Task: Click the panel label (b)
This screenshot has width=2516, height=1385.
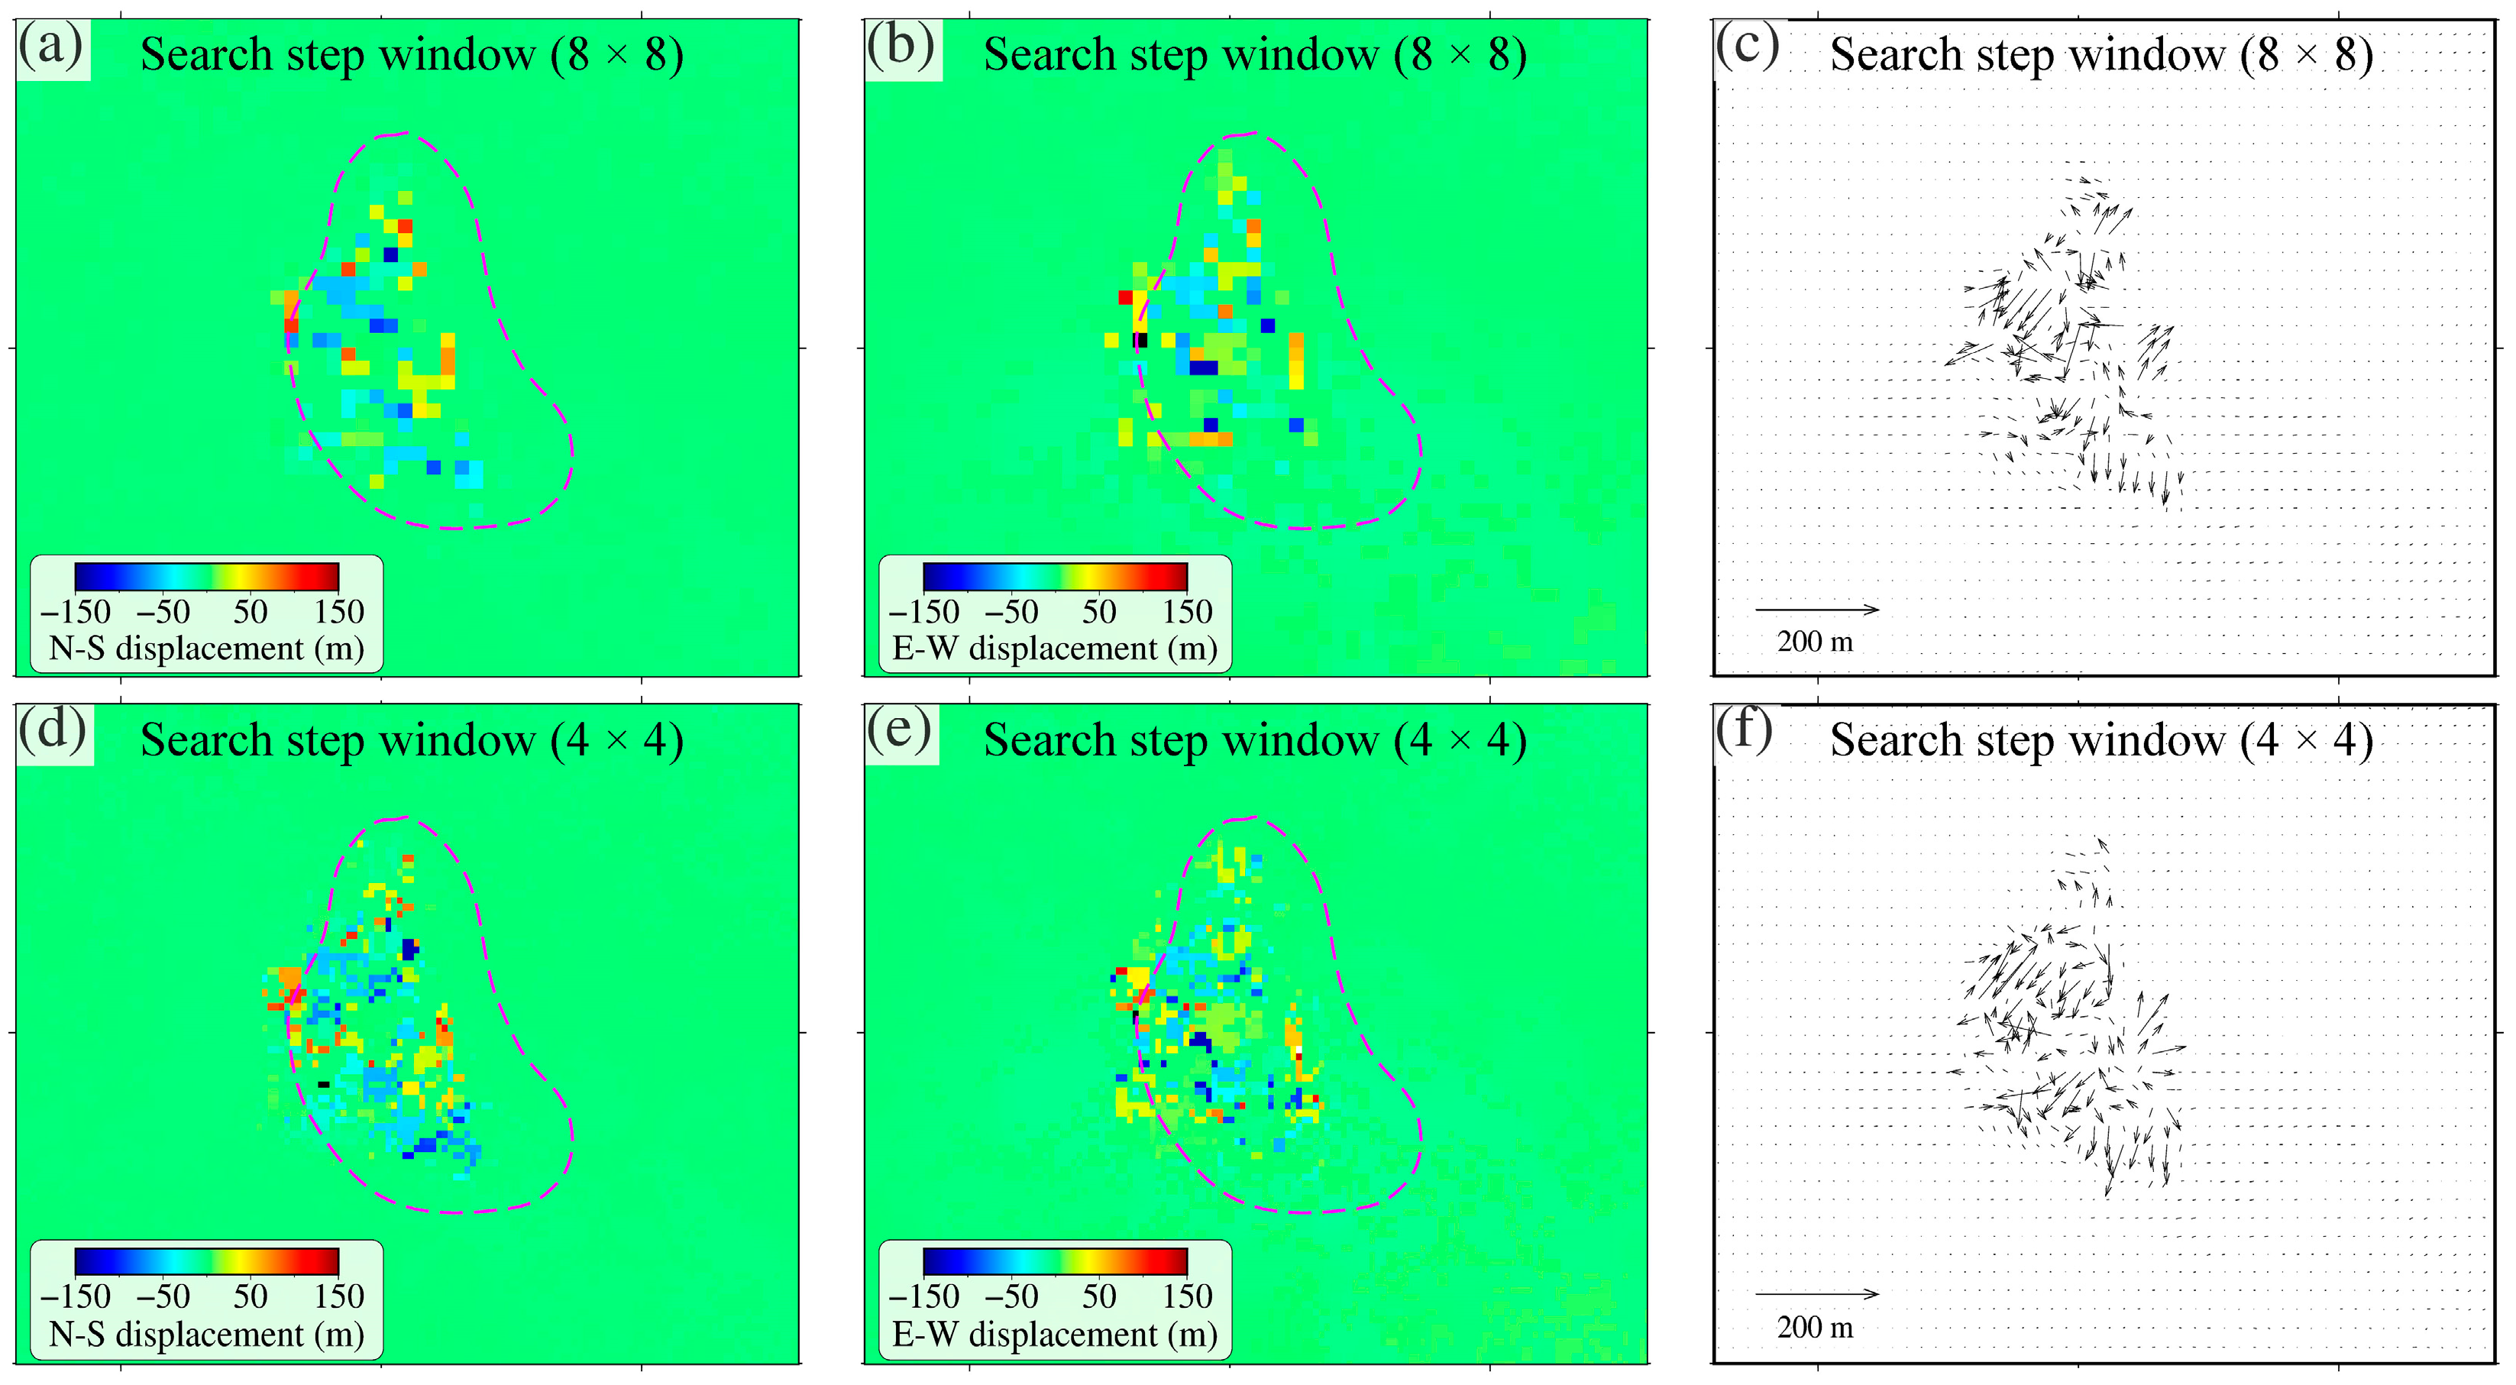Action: click(x=900, y=47)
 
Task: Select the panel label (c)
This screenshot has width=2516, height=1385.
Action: click(x=1748, y=47)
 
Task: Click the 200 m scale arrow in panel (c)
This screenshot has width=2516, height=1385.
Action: click(x=1816, y=610)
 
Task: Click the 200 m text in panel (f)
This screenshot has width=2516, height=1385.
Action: click(x=1815, y=1328)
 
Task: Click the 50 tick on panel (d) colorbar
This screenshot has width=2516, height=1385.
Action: click(x=250, y=1296)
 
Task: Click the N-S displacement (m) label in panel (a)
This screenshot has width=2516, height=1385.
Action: click(x=206, y=649)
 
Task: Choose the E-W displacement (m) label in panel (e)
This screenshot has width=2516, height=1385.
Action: click(x=1055, y=1335)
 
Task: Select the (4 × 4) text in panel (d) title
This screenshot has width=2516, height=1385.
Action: click(x=616, y=740)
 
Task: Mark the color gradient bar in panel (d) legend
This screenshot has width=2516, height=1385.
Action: click(x=206, y=1261)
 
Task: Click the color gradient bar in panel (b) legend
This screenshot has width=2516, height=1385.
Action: click(x=1055, y=576)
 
